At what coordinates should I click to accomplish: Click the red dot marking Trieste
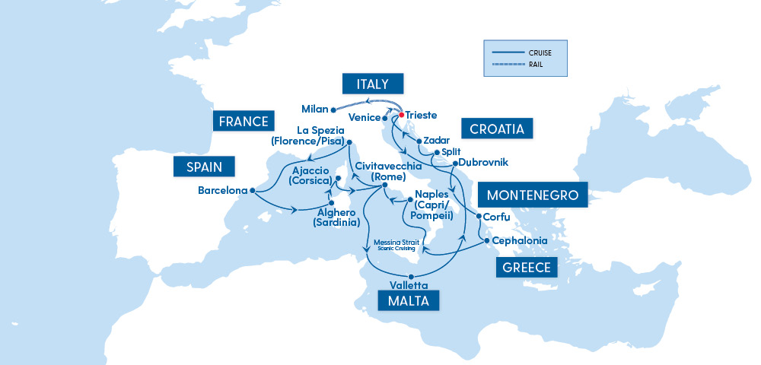pos(401,115)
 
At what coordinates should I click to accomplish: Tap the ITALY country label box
pos(372,84)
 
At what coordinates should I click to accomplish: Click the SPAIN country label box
pos(204,167)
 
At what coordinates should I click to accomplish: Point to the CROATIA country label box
pos(497,129)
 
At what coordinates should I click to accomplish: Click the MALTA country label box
pos(409,300)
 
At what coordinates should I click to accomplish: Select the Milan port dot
pos(333,109)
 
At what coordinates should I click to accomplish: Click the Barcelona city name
pos(223,190)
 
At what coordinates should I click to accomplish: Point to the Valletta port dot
pos(411,276)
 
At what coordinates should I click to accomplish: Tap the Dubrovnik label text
pos(482,163)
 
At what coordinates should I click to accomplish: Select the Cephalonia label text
pos(520,241)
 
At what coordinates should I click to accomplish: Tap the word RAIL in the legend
pos(535,65)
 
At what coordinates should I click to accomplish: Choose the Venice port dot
pos(384,119)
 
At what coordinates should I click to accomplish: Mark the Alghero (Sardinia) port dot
pos(332,202)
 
